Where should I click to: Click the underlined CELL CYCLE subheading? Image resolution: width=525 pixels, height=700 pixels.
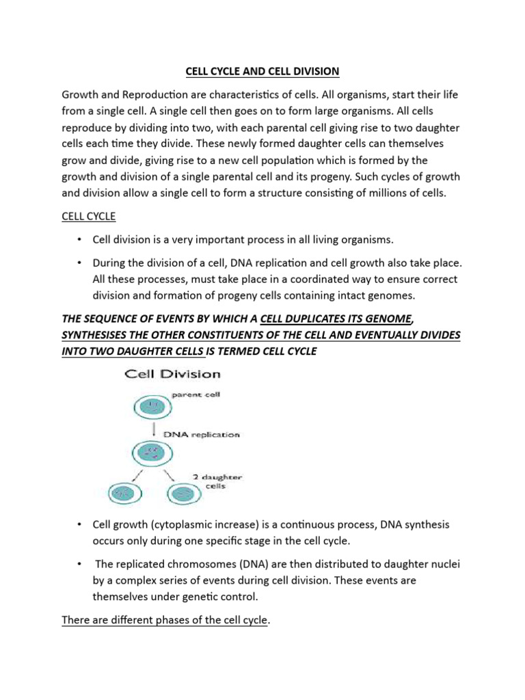[x=89, y=217]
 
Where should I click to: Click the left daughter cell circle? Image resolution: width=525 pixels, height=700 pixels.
[x=122, y=493]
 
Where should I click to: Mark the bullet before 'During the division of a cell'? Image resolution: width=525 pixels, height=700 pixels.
[x=79, y=262]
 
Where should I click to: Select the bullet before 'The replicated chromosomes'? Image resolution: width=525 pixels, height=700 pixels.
[x=79, y=563]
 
